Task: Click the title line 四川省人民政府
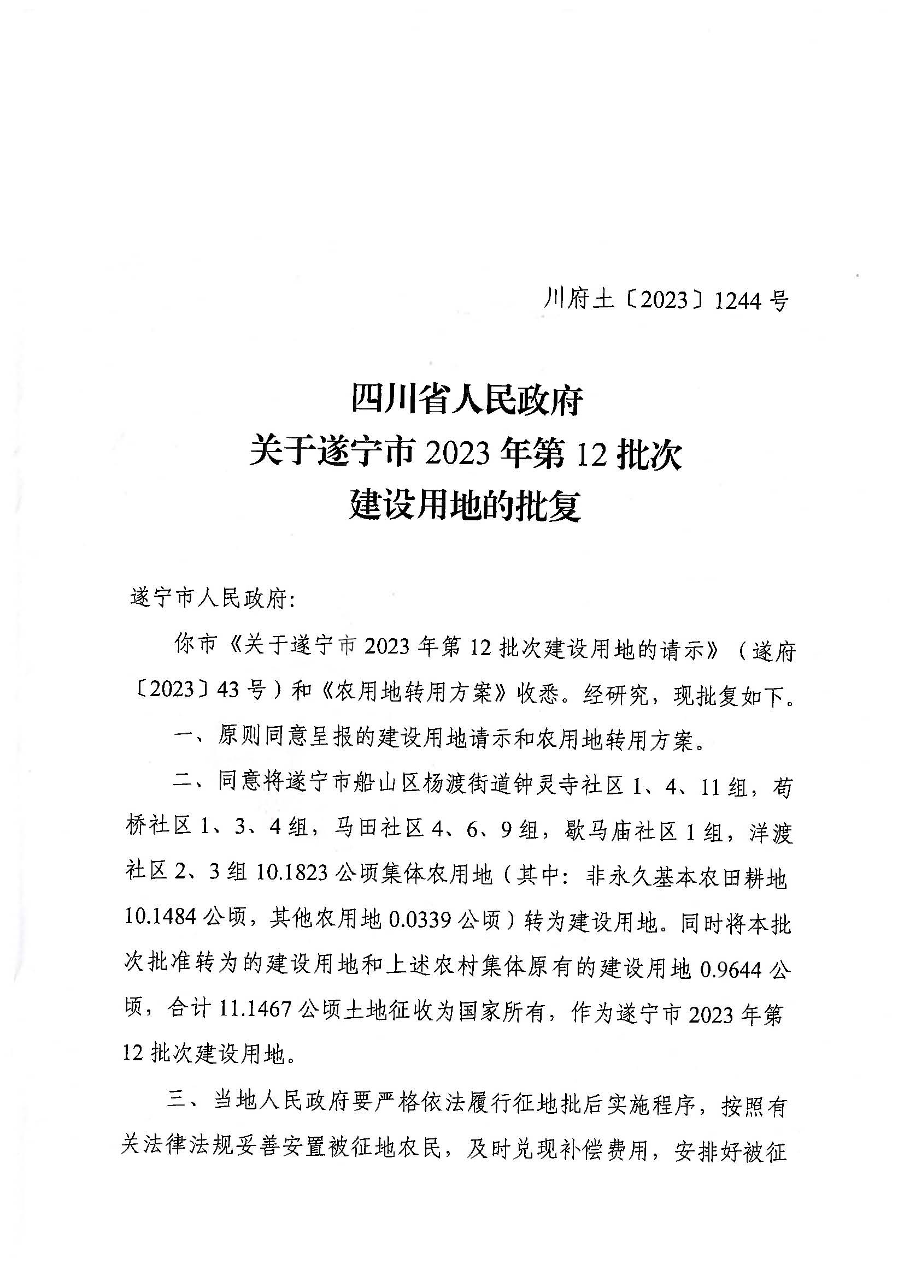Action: (x=466, y=400)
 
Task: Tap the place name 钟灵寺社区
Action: (x=566, y=787)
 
